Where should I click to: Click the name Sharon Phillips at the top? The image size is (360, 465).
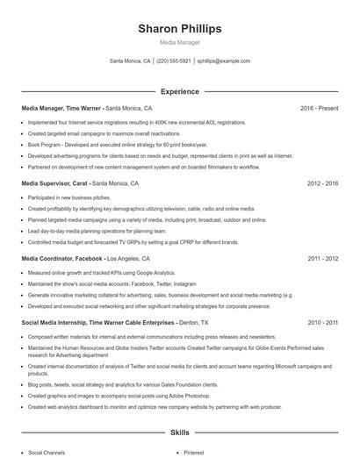click(180, 29)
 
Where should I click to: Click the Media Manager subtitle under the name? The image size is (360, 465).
click(180, 42)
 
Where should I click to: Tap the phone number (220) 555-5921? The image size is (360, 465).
click(174, 61)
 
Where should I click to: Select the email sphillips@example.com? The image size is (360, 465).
click(224, 61)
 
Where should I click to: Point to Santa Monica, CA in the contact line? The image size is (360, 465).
click(130, 61)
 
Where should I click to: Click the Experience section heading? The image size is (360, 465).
click(180, 91)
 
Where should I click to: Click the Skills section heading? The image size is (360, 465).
click(180, 433)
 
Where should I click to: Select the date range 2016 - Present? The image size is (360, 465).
click(319, 109)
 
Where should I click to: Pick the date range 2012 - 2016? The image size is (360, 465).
click(322, 184)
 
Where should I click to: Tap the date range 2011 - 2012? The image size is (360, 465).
click(322, 260)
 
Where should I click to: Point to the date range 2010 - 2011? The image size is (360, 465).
click(322, 323)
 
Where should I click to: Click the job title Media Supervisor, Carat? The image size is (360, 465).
click(54, 184)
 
